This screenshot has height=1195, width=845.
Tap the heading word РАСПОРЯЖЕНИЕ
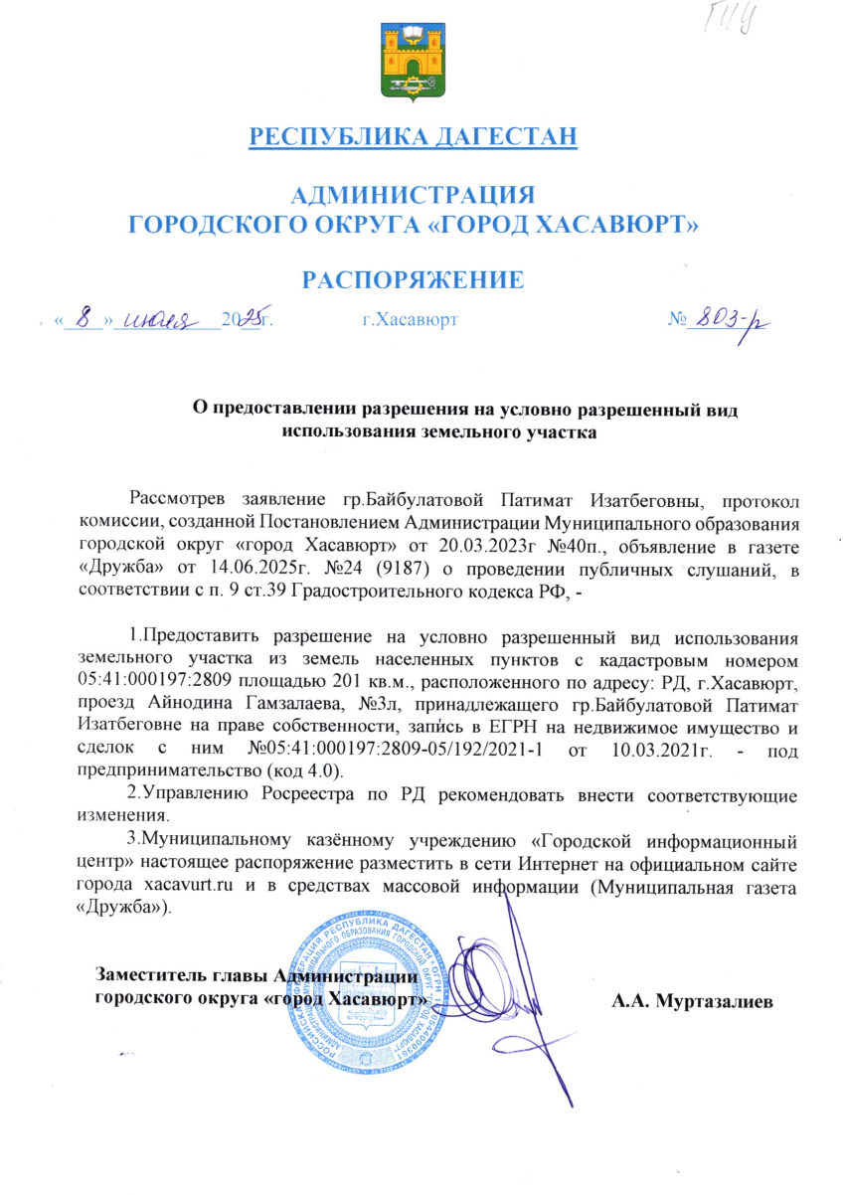414,279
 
